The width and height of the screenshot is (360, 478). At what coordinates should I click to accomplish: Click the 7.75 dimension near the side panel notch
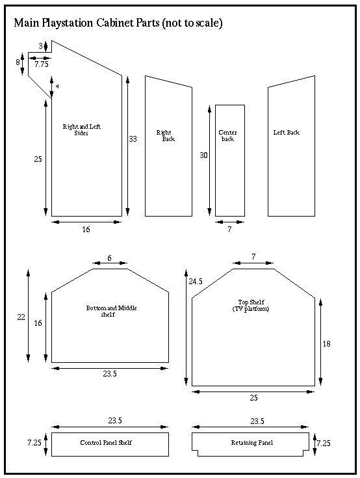point(42,64)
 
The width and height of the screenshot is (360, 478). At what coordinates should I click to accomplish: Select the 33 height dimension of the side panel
point(133,139)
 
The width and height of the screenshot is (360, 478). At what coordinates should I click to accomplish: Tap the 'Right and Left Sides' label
point(82,129)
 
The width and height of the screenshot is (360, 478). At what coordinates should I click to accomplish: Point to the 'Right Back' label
point(166,136)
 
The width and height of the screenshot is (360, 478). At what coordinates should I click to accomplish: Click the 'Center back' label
point(227,136)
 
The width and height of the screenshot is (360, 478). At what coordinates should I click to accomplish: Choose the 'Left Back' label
point(287,132)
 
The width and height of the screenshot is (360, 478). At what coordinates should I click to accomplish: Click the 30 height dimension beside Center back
point(203,155)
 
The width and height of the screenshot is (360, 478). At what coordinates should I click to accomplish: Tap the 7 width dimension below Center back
point(229,229)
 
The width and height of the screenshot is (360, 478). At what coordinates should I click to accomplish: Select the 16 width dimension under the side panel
point(86,229)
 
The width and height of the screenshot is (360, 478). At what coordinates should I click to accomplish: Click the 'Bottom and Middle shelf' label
point(112,311)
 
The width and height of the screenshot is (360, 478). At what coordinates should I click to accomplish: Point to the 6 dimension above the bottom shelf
point(109,258)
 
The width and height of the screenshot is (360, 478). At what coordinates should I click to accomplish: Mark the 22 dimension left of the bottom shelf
point(21,317)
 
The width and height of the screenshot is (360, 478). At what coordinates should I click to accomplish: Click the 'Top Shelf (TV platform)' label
point(251,305)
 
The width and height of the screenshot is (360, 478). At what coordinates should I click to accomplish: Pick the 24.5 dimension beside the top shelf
point(195,282)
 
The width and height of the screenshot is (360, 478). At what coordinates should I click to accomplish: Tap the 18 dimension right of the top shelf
point(326,344)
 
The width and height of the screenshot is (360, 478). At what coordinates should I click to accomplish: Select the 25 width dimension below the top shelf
point(253,398)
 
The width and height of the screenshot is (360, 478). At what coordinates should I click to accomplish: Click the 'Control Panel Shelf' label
point(106,442)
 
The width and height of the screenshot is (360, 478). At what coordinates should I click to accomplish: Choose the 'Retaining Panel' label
point(252,442)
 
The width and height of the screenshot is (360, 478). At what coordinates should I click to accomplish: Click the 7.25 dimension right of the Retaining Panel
point(324,444)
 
